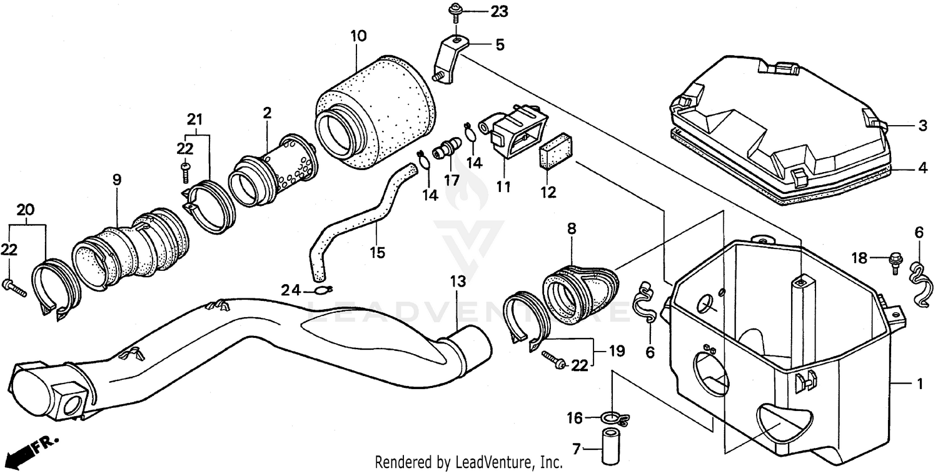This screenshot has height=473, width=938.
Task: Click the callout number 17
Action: click(451, 179)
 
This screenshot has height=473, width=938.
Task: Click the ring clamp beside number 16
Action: click(613, 417)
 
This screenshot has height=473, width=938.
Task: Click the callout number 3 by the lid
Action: click(922, 126)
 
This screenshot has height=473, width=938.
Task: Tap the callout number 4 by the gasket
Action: click(922, 168)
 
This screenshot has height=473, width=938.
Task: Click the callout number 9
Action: click(116, 180)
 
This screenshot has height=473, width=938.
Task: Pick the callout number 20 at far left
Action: click(25, 210)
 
